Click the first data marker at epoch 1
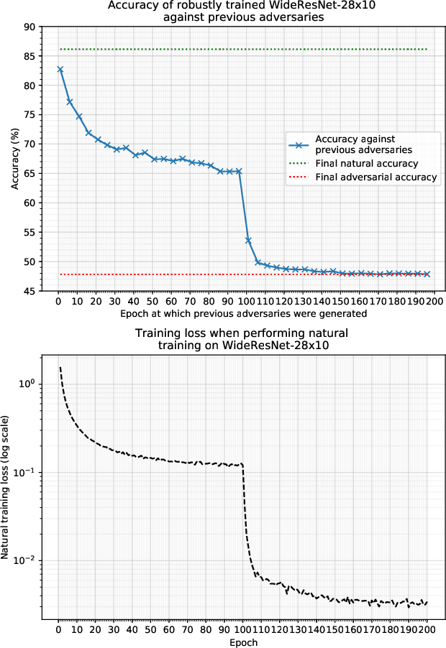(60, 70)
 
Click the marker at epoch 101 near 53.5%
(248, 240)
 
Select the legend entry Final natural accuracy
(366, 164)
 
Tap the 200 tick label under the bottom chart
(427, 631)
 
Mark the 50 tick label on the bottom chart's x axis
(151, 631)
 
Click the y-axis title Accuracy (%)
(16, 159)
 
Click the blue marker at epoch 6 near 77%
(70, 102)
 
